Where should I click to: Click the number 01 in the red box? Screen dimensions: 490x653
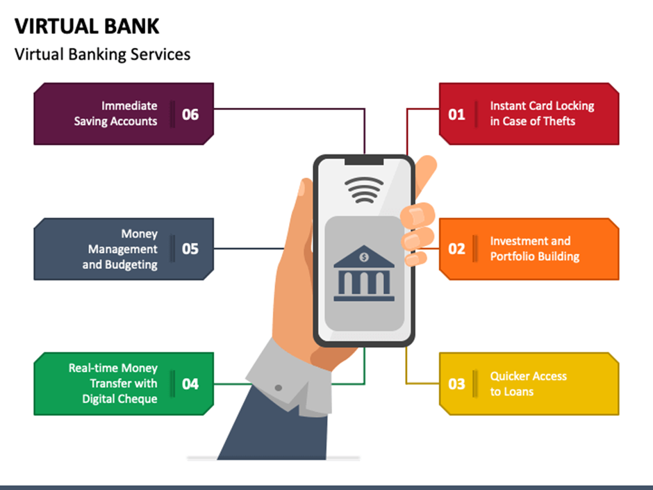coord(456,114)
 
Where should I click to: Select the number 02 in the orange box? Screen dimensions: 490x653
coord(456,249)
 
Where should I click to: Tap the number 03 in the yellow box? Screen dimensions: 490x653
coord(456,384)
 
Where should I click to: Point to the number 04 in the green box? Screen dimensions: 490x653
coord(190,384)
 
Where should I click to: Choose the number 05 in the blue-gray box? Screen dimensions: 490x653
coord(190,249)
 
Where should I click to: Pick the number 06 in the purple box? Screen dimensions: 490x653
coord(190,114)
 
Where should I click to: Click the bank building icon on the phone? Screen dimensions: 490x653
coord(364,275)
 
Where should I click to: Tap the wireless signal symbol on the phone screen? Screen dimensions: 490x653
coord(364,189)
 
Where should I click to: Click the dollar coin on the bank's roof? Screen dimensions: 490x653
coord(364,257)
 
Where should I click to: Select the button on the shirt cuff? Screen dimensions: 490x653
coord(279,387)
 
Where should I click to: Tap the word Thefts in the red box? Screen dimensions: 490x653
coord(559,121)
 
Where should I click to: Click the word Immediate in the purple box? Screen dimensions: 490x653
coord(129,106)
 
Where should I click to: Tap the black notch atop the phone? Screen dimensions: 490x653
coord(364,161)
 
